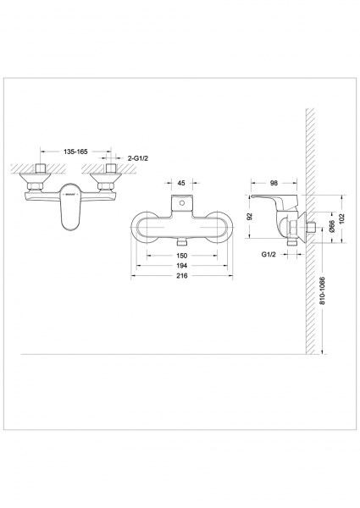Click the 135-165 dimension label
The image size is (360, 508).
pyautogui.click(x=75, y=152)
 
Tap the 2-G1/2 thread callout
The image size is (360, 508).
pyautogui.click(x=138, y=158)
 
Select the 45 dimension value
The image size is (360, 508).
pyautogui.click(x=181, y=183)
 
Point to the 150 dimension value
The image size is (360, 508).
pyautogui.click(x=182, y=256)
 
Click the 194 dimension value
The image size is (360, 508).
pyautogui.click(x=182, y=266)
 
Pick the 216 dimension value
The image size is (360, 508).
pyautogui.click(x=182, y=276)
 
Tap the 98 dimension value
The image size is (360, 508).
pyautogui.click(x=274, y=183)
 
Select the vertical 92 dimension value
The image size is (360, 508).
pyautogui.click(x=250, y=217)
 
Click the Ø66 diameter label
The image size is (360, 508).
pyautogui.click(x=331, y=226)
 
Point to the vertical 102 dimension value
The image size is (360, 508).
pyautogui.click(x=342, y=218)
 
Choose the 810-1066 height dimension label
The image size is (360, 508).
pyautogui.click(x=322, y=290)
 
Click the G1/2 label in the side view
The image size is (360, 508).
pyautogui.click(x=269, y=254)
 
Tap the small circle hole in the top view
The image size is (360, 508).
pyautogui.click(x=182, y=203)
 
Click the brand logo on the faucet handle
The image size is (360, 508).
pyautogui.click(x=70, y=195)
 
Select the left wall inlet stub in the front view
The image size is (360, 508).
pyautogui.click(x=40, y=168)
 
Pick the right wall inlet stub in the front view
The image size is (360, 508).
pyautogui.click(x=111, y=168)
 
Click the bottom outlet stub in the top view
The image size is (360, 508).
pyautogui.click(x=182, y=243)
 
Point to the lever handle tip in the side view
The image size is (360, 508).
pyautogui.click(x=252, y=196)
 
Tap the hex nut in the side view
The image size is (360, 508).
pyautogui.click(x=292, y=228)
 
